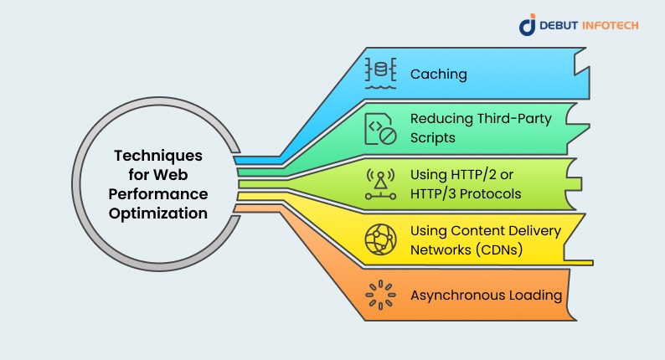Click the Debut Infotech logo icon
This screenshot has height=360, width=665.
(x=527, y=25)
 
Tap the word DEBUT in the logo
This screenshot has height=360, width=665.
(x=559, y=25)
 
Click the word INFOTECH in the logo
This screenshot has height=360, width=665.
(x=611, y=25)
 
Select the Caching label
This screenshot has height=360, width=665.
(x=438, y=75)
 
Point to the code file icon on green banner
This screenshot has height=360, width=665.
(x=379, y=127)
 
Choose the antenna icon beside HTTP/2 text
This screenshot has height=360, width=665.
(x=379, y=184)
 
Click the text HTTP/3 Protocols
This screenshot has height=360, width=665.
(x=466, y=193)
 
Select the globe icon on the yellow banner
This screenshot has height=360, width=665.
(x=379, y=239)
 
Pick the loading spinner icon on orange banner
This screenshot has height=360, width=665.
(x=379, y=295)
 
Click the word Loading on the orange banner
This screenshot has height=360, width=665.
(x=532, y=295)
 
